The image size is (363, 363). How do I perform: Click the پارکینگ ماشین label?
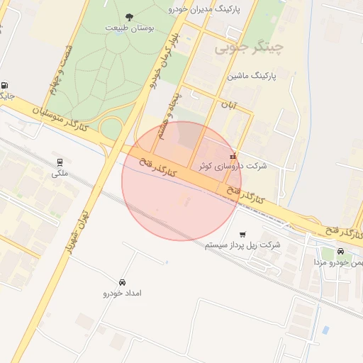252,74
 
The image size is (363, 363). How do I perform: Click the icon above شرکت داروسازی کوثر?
233,156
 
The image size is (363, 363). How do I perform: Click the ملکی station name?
58,173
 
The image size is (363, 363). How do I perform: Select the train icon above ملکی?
58,162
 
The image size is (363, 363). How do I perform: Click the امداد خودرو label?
123,293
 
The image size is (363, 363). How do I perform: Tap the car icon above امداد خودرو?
123,282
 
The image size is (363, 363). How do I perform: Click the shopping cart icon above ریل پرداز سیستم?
242,234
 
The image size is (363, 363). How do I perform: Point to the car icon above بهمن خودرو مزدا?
341,252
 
